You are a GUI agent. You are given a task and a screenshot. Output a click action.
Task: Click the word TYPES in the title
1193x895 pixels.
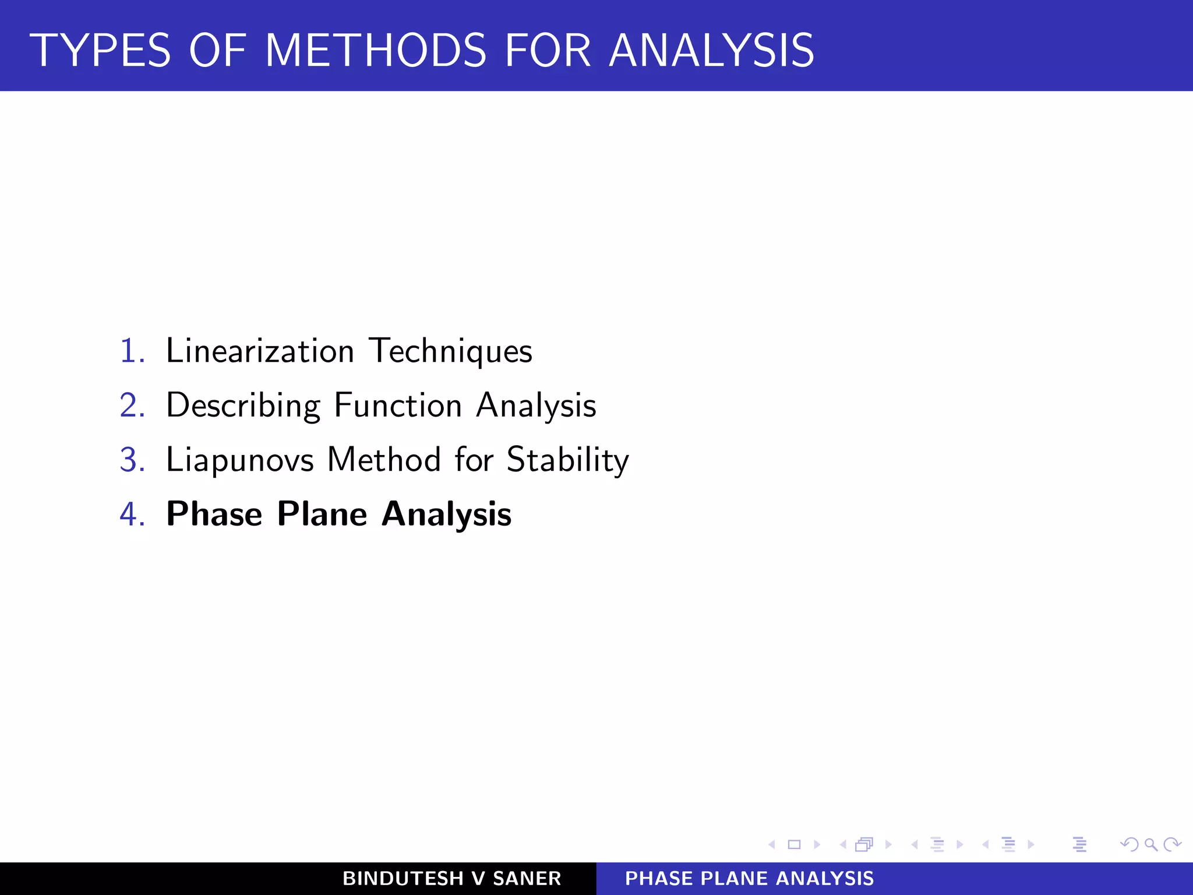tap(100, 51)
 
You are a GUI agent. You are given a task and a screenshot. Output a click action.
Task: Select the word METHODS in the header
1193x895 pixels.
tap(376, 51)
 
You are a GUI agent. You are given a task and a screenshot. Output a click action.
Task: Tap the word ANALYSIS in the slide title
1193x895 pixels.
tap(711, 51)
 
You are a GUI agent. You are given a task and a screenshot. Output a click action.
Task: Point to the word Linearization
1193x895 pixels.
tap(260, 351)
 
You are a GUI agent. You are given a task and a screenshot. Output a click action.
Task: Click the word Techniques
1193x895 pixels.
tap(451, 351)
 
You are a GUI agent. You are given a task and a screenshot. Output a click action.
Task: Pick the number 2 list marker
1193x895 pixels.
tap(132, 406)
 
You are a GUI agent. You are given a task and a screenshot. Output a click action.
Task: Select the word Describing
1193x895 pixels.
tap(243, 406)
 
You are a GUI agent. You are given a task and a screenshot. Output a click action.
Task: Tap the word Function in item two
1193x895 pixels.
tap(398, 406)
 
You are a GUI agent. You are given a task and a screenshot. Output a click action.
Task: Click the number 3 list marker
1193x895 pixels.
tap(132, 460)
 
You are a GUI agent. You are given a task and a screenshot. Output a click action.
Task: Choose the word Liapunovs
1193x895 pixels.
tap(240, 460)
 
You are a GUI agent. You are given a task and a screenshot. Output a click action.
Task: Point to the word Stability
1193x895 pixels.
tap(568, 460)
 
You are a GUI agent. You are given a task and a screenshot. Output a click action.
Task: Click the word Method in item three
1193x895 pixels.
tap(384, 460)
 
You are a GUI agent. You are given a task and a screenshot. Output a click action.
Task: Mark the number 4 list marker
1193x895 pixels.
tap(132, 515)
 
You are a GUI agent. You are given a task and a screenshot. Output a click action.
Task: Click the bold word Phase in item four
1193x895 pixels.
tap(214, 515)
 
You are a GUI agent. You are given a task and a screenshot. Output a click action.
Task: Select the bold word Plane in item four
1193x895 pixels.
tap(322, 515)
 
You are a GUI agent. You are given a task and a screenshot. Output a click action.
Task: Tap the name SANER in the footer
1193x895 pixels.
tap(527, 879)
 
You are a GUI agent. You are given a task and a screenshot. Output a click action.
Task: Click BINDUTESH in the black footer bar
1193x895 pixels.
tap(403, 879)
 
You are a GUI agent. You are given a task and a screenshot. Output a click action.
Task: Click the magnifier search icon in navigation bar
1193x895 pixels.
tap(1150, 844)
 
